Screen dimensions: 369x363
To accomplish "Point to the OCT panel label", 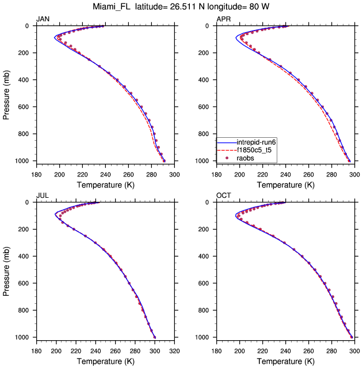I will (x=223, y=195).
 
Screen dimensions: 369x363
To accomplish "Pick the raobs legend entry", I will (x=247, y=158).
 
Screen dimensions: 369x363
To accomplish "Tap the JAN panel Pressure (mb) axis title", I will (x=6, y=93).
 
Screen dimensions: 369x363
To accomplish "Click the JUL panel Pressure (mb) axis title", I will (x=6, y=270).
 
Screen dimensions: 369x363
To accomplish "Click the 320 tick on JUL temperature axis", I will (x=175, y=350).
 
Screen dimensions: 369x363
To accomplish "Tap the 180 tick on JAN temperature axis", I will (x=36, y=174).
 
